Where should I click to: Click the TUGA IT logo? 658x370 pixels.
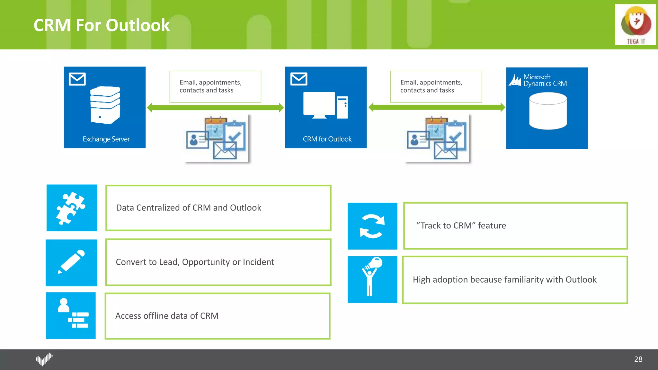pyautogui.click(x=635, y=25)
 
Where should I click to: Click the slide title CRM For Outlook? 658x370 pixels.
pyautogui.click(x=102, y=25)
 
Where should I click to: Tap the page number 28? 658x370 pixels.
pyautogui.click(x=638, y=359)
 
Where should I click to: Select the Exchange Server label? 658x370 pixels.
pyautogui.click(x=106, y=139)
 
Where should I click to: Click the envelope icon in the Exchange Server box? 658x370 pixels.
pyautogui.click(x=77, y=79)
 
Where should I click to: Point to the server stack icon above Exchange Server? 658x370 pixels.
pyautogui.click(x=105, y=105)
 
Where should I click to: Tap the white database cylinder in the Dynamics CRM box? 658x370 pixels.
pyautogui.click(x=548, y=111)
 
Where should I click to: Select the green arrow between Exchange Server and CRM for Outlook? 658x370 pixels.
pyautogui.click(x=215, y=108)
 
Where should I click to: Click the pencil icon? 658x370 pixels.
pyautogui.click(x=71, y=262)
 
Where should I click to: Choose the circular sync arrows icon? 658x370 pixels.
pyautogui.click(x=372, y=226)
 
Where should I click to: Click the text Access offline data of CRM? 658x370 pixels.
pyautogui.click(x=167, y=316)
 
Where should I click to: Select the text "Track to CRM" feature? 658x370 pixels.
pyautogui.click(x=461, y=225)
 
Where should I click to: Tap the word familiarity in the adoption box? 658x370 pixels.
pyautogui.click(x=512, y=279)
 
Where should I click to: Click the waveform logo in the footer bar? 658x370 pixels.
pyautogui.click(x=44, y=359)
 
